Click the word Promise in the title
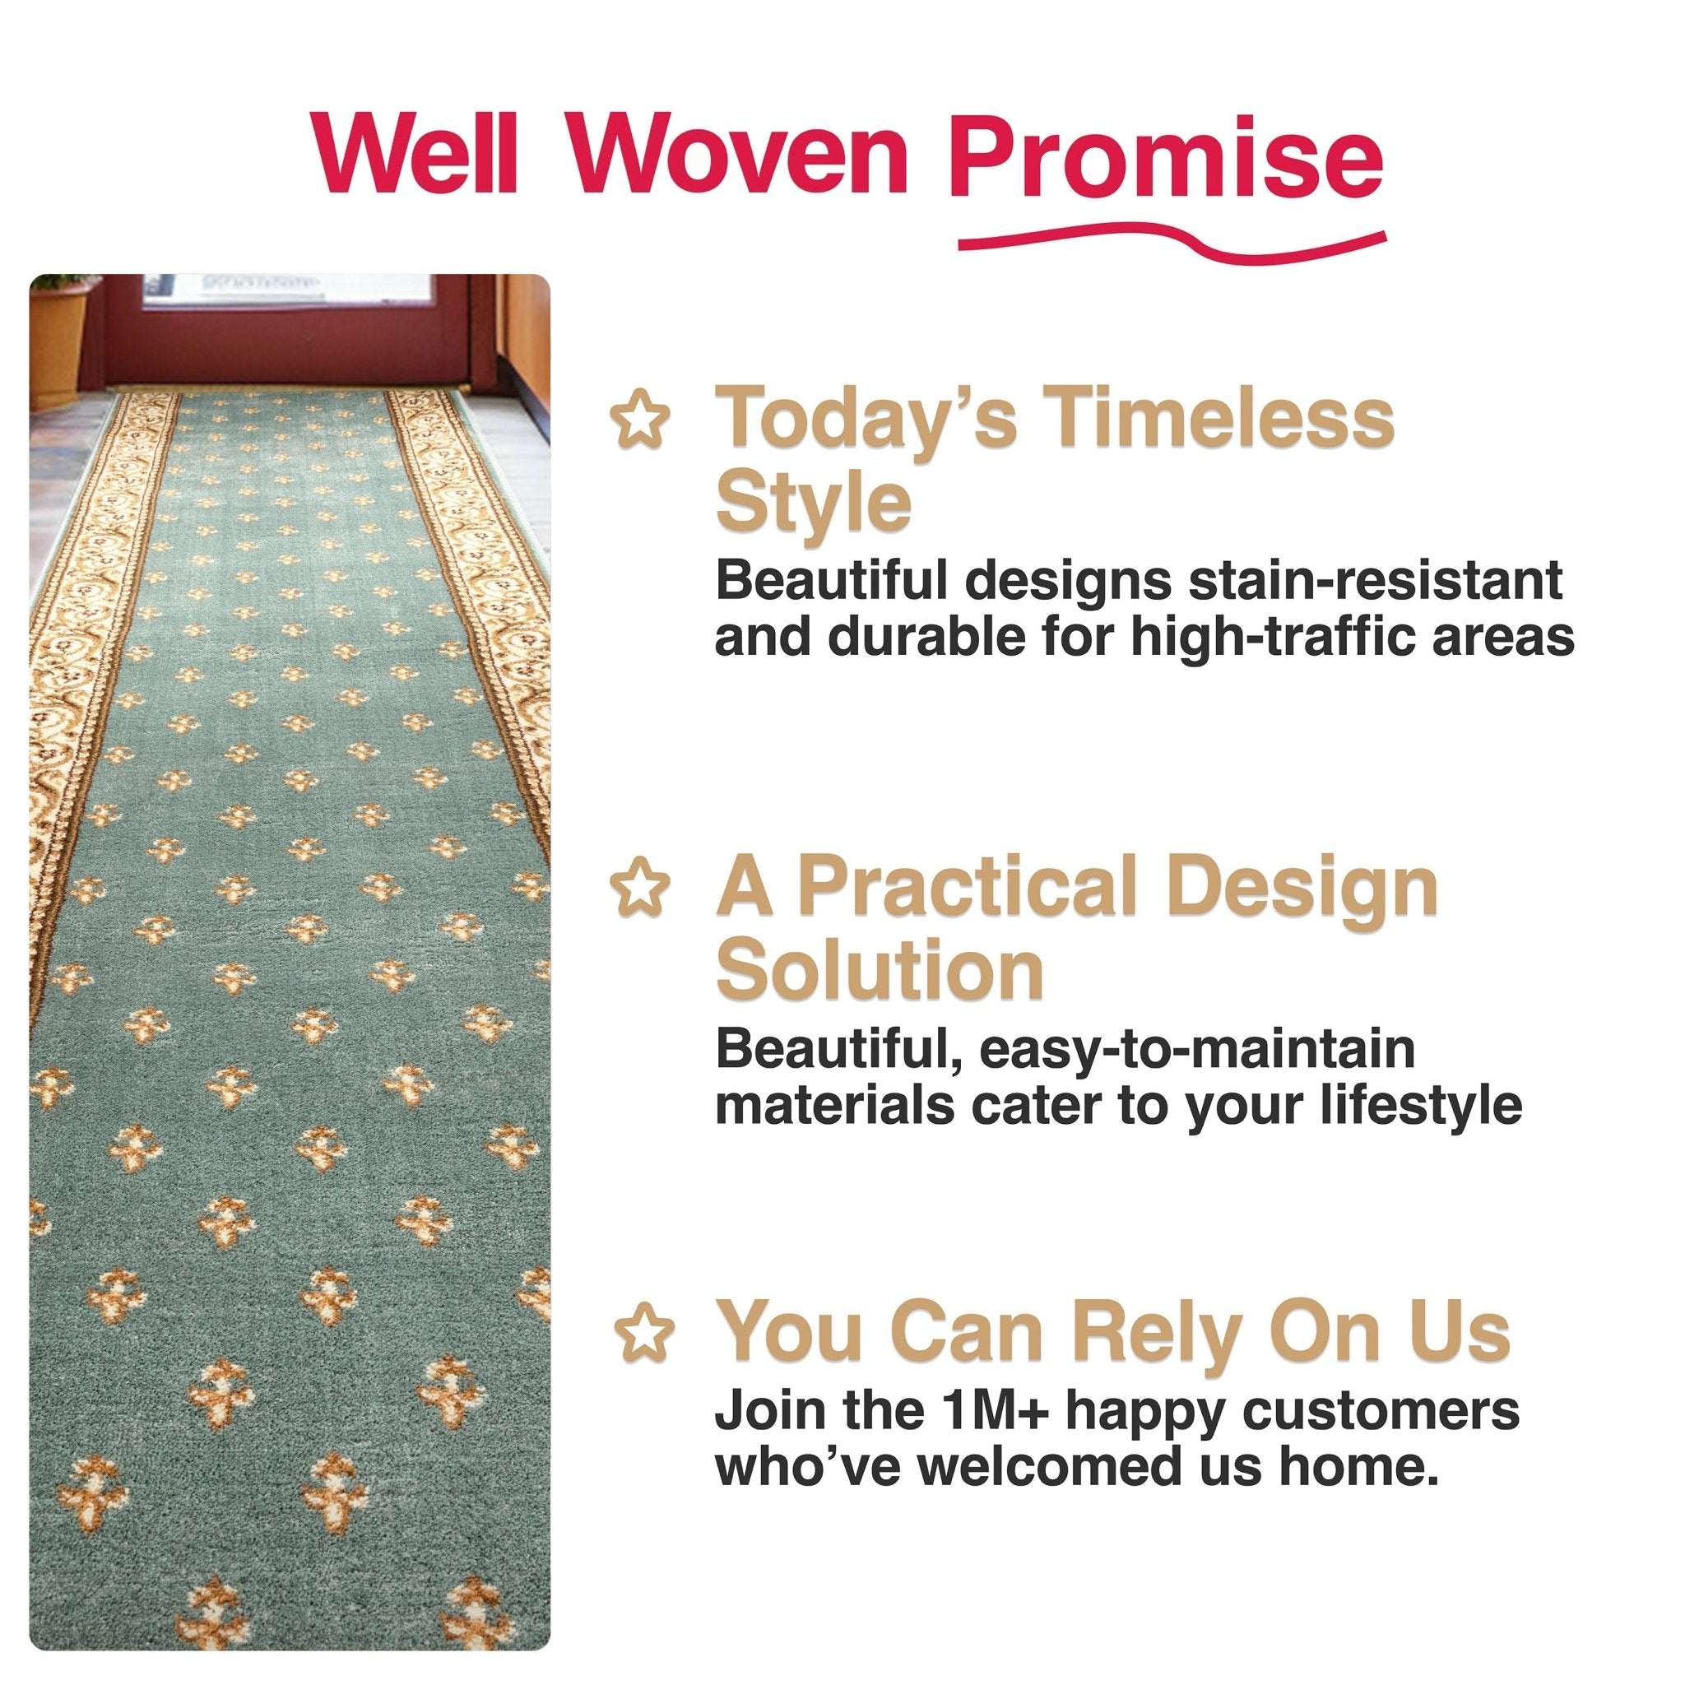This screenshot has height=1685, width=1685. click(1165, 159)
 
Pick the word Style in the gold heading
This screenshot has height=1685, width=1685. click(813, 503)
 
